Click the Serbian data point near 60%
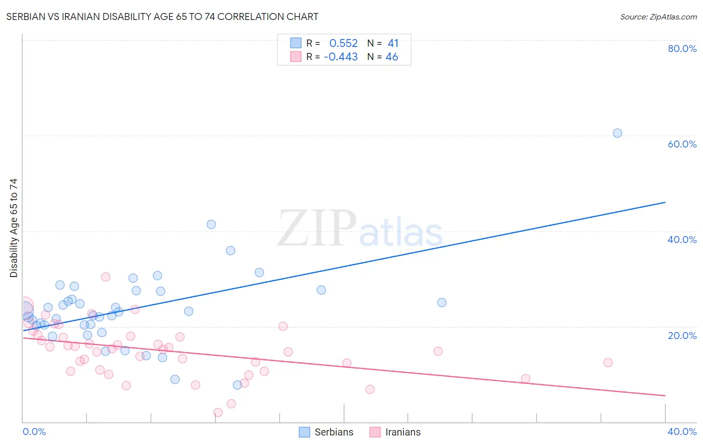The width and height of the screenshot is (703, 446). (617, 133)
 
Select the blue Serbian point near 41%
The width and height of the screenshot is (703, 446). (211, 224)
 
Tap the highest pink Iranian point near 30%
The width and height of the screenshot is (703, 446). (105, 277)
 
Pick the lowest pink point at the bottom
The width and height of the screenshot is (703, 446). (218, 412)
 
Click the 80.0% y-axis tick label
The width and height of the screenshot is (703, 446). (682, 48)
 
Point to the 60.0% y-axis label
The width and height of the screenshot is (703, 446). (682, 144)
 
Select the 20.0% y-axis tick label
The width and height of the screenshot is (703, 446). (682, 335)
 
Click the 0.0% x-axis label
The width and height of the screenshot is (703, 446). (34, 431)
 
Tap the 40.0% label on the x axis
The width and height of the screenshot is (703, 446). (682, 431)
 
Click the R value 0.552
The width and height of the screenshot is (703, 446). (343, 43)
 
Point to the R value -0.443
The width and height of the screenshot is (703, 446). (341, 57)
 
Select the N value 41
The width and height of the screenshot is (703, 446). (393, 43)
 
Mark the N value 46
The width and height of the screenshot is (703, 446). (392, 57)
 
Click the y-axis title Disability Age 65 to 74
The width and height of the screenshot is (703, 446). (13, 228)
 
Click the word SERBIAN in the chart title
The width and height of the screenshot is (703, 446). (26, 17)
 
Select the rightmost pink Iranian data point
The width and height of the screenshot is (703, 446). (608, 362)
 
